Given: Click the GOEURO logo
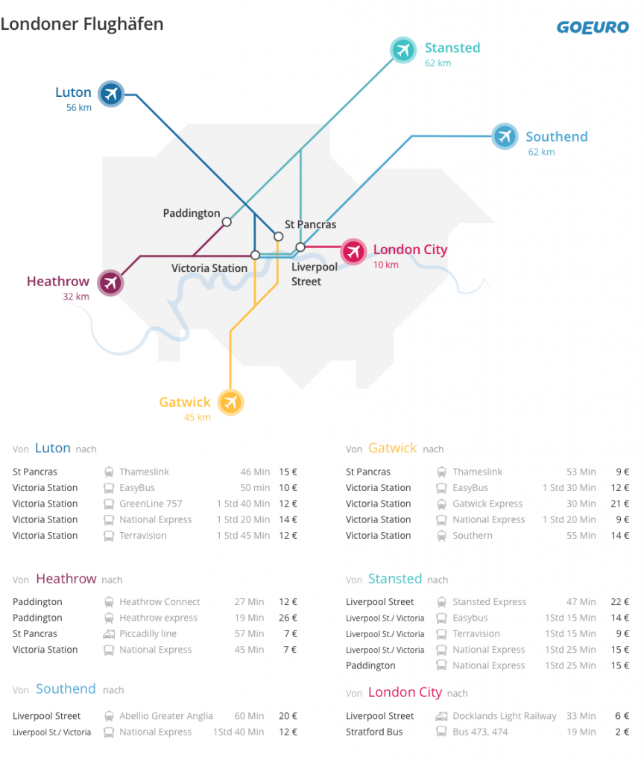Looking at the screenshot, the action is tap(593, 28).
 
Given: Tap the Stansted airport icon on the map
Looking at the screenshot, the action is tap(403, 50).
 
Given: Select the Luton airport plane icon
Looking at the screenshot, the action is tap(111, 94).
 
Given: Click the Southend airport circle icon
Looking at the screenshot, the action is tap(505, 136).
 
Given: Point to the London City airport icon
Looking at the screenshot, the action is tap(353, 252).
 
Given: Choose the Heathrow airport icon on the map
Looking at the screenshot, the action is tap(110, 282).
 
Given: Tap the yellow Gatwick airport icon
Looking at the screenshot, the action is tap(230, 402).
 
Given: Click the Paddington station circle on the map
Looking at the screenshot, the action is tap(227, 222).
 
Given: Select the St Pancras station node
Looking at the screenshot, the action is tap(279, 236).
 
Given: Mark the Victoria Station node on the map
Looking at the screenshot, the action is tap(255, 255).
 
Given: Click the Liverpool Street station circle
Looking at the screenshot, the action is tap(300, 247).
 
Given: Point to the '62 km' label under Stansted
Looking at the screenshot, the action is tap(438, 63).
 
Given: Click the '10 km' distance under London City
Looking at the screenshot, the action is tap(386, 265).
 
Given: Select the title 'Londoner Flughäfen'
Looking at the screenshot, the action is tap(82, 24).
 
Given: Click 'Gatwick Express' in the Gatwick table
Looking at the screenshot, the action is tap(487, 504).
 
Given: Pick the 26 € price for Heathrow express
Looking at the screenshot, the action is tap(288, 618).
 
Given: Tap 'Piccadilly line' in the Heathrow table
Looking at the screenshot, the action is tap(148, 633).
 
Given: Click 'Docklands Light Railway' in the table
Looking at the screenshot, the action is tap(505, 716).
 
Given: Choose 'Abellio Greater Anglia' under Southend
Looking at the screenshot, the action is tap(166, 716).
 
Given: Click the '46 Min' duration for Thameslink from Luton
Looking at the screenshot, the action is tap(255, 472).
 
